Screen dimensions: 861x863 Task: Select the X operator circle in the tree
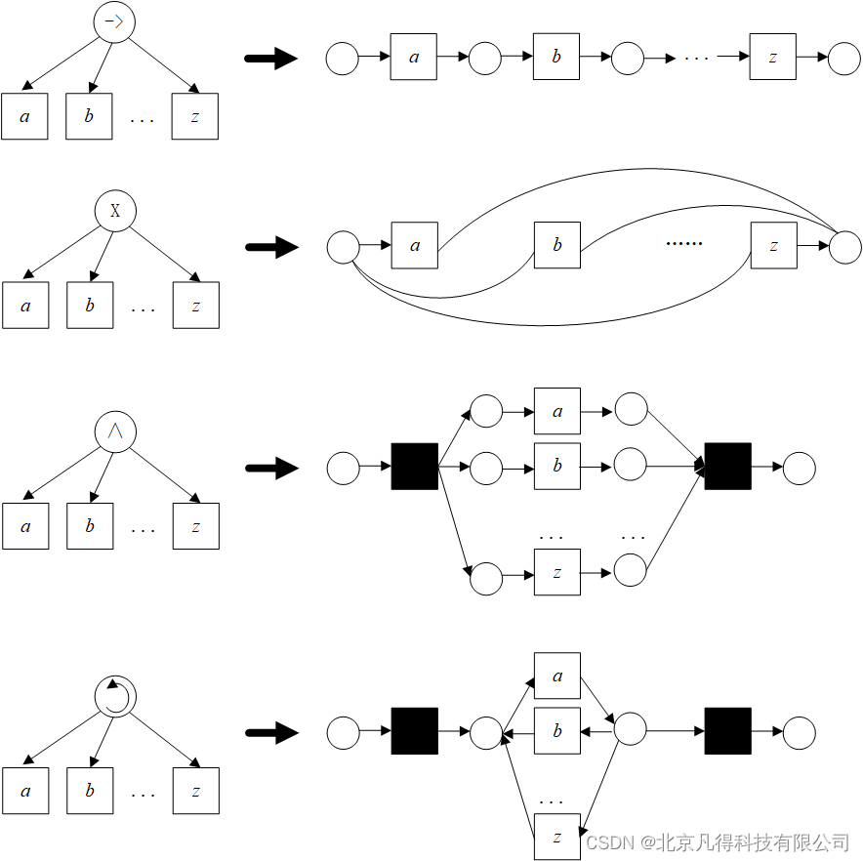point(115,211)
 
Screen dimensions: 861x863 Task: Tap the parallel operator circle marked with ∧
point(115,430)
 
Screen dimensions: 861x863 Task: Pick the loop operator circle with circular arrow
point(115,696)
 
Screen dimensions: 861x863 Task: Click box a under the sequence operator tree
point(24,116)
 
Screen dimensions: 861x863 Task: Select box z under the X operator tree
point(195,305)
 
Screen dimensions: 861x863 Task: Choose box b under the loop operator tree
point(90,790)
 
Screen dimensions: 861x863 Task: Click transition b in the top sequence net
point(556,57)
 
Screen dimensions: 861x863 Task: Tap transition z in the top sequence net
point(773,57)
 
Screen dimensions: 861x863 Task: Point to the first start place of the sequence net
point(342,59)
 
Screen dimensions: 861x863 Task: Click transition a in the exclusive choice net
point(415,245)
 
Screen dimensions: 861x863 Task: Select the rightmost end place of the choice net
point(844,247)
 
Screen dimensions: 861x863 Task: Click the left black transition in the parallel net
point(415,467)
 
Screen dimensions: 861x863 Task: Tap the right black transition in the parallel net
point(727,467)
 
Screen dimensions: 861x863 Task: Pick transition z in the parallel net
point(556,572)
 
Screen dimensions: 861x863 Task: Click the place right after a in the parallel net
point(631,410)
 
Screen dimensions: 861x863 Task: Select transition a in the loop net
point(556,676)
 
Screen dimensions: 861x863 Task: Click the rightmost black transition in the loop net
point(727,731)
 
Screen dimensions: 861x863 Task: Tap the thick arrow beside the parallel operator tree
point(270,469)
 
